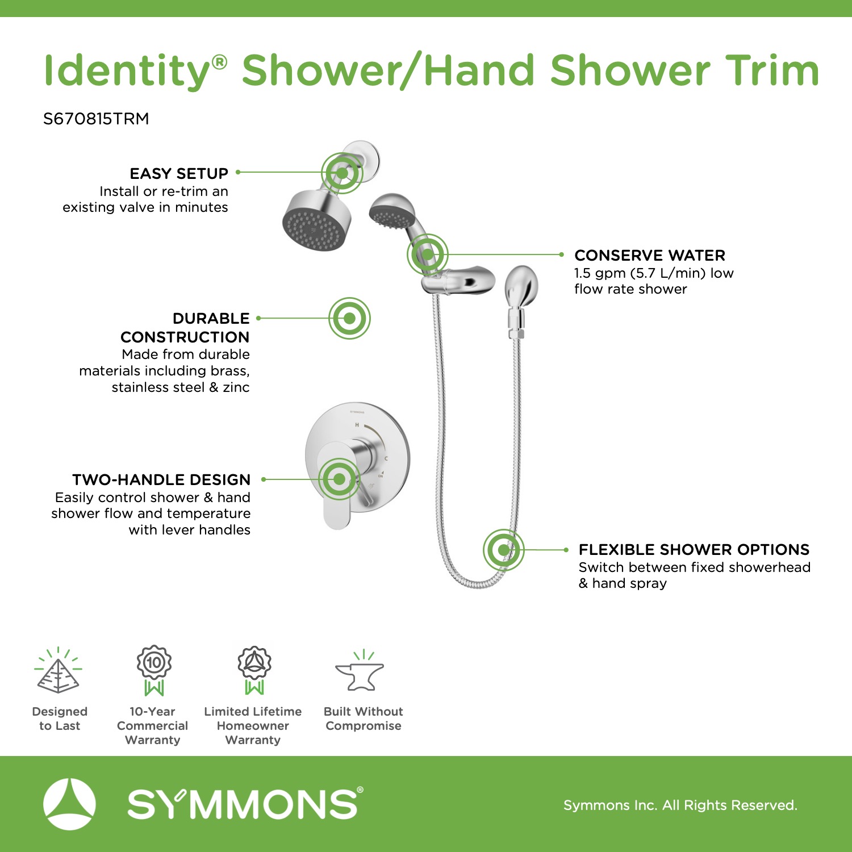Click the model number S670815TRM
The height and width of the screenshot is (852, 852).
[x=96, y=119]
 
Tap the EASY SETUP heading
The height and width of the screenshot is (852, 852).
[x=179, y=173]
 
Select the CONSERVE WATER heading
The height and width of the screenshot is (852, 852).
[x=650, y=255]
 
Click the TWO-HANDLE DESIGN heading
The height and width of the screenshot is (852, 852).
[x=161, y=479]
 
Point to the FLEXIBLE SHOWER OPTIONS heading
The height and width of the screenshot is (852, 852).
[x=694, y=549]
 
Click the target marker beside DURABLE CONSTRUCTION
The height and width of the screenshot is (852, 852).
[x=349, y=318]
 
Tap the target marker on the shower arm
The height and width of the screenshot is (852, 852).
[x=342, y=173]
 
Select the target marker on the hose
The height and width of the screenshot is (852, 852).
[x=504, y=550]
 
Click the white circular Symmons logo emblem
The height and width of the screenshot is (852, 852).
[x=69, y=804]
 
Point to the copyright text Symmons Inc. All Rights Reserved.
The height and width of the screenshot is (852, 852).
[x=680, y=805]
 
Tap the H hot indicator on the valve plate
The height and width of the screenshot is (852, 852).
[x=357, y=425]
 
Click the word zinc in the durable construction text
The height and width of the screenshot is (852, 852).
[x=236, y=387]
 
